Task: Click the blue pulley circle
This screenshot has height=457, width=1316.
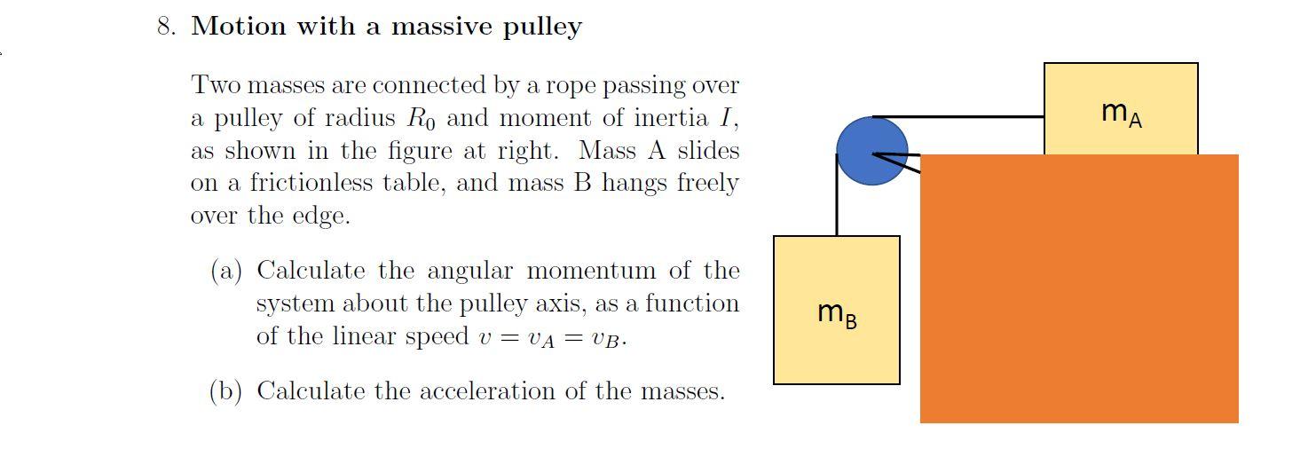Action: (871, 152)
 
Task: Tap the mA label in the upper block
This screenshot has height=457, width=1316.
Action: (1121, 113)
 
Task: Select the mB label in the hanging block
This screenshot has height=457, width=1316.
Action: (837, 312)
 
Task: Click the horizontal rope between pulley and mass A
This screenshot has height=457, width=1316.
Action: (958, 116)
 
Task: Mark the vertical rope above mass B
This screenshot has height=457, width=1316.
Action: (837, 195)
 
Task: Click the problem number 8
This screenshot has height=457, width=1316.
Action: (164, 27)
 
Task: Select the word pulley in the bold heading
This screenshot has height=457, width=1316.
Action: (542, 28)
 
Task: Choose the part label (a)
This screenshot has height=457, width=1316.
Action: (226, 271)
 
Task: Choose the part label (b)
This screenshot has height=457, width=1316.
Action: (226, 391)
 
